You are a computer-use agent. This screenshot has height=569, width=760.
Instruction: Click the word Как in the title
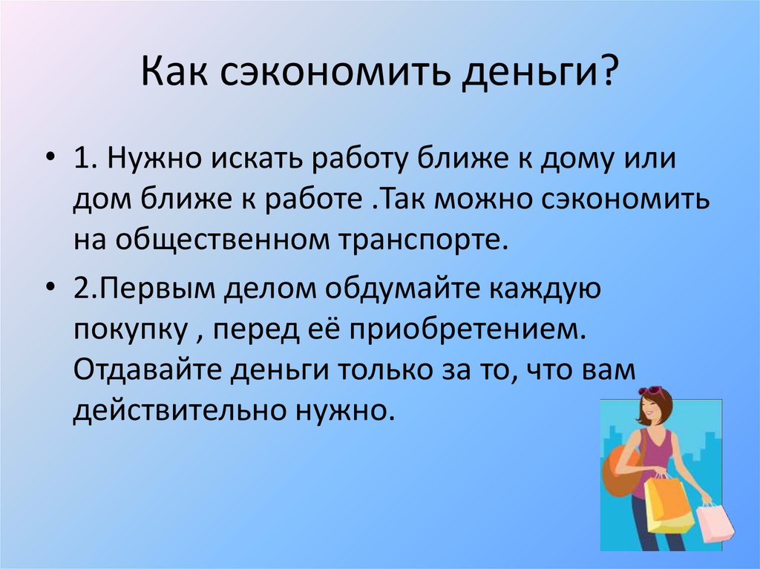tap(174, 71)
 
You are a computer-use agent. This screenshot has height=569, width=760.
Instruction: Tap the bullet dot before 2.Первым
tap(51, 287)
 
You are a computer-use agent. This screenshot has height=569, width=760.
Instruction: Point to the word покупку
tap(131, 331)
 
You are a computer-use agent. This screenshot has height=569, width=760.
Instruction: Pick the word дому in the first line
tap(580, 159)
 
